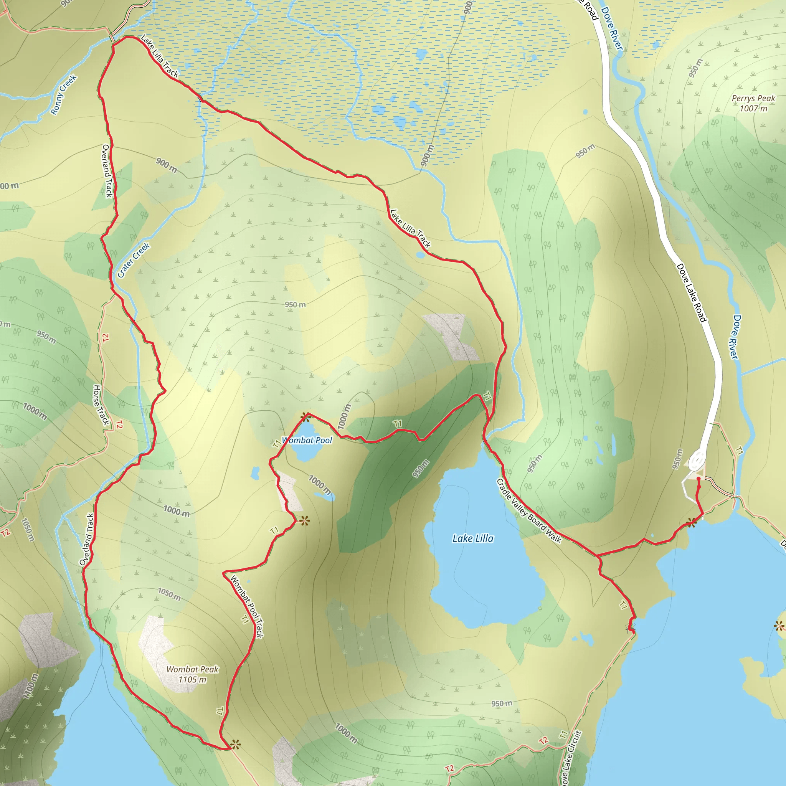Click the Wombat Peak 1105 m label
[x=192, y=674]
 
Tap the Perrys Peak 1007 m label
[x=753, y=103]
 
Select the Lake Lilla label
[x=473, y=538]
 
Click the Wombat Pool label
[x=307, y=440]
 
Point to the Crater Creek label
[x=134, y=260]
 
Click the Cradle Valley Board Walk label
[x=528, y=511]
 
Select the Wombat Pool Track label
[x=247, y=606]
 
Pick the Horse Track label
[x=101, y=405]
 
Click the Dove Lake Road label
[x=691, y=292]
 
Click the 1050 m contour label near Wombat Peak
[x=169, y=594]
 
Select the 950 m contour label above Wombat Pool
[x=295, y=305]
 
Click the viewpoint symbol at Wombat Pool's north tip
[x=305, y=417]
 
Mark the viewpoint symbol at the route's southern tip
[x=235, y=745]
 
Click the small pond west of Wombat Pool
[x=255, y=473]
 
